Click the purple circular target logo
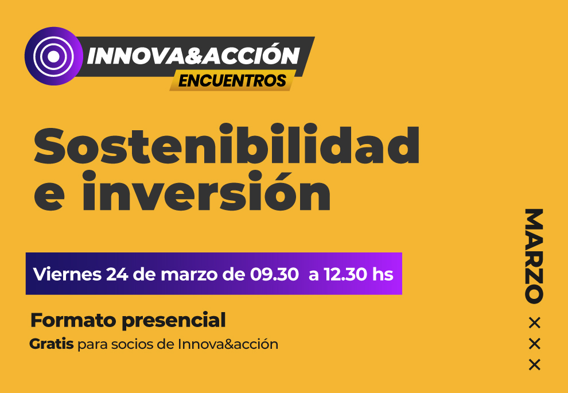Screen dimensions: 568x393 tap(53, 56)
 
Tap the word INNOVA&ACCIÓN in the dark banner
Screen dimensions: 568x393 tap(193, 56)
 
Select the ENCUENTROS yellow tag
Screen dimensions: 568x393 tap(232, 80)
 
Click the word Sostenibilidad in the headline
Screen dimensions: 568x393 tap(227, 144)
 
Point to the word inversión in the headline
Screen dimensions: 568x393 tap(206, 191)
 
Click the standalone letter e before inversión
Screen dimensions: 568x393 tap(49, 196)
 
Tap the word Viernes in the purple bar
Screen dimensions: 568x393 tap(67, 274)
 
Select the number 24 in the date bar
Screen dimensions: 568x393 tap(117, 274)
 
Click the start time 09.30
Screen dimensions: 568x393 tap(274, 274)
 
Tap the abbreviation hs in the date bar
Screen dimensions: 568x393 tap(383, 274)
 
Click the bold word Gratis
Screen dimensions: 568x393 tap(52, 344)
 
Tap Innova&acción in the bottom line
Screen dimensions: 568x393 tap(228, 344)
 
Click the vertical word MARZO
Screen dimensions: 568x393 tap(534, 256)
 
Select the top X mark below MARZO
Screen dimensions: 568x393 tap(535, 323)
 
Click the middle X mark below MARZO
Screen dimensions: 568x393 tap(535, 344)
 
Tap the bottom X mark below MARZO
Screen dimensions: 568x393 tap(535, 365)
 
